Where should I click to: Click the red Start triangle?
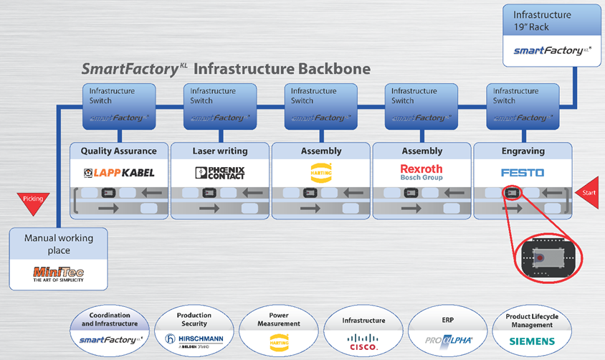(x=588, y=191)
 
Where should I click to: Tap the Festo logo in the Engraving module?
(x=523, y=173)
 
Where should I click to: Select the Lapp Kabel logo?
(x=119, y=173)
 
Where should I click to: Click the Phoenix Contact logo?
(x=220, y=173)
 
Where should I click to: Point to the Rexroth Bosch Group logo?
(x=421, y=172)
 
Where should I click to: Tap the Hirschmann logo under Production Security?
(x=194, y=339)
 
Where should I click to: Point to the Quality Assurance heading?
(x=118, y=151)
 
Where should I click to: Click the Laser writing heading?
(x=220, y=151)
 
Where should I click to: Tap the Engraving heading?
(x=523, y=151)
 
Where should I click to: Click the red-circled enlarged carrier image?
(x=549, y=256)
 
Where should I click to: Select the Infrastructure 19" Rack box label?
(x=542, y=20)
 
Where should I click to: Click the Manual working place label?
(x=57, y=244)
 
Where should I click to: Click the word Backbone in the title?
(x=334, y=70)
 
